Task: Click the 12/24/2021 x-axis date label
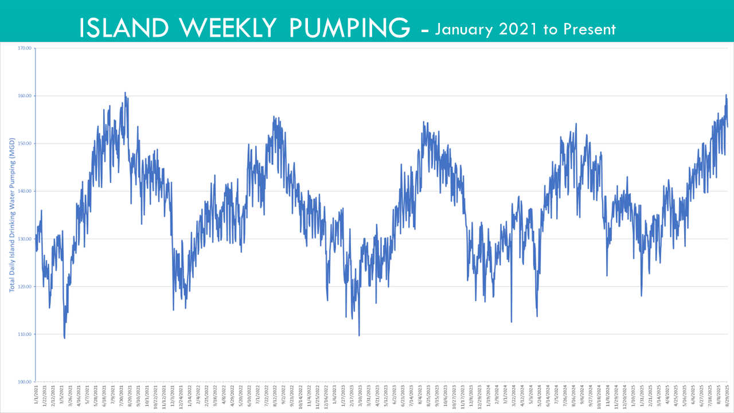click(x=182, y=396)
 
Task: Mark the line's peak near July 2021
click(x=125, y=92)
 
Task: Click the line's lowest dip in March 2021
click(x=64, y=338)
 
